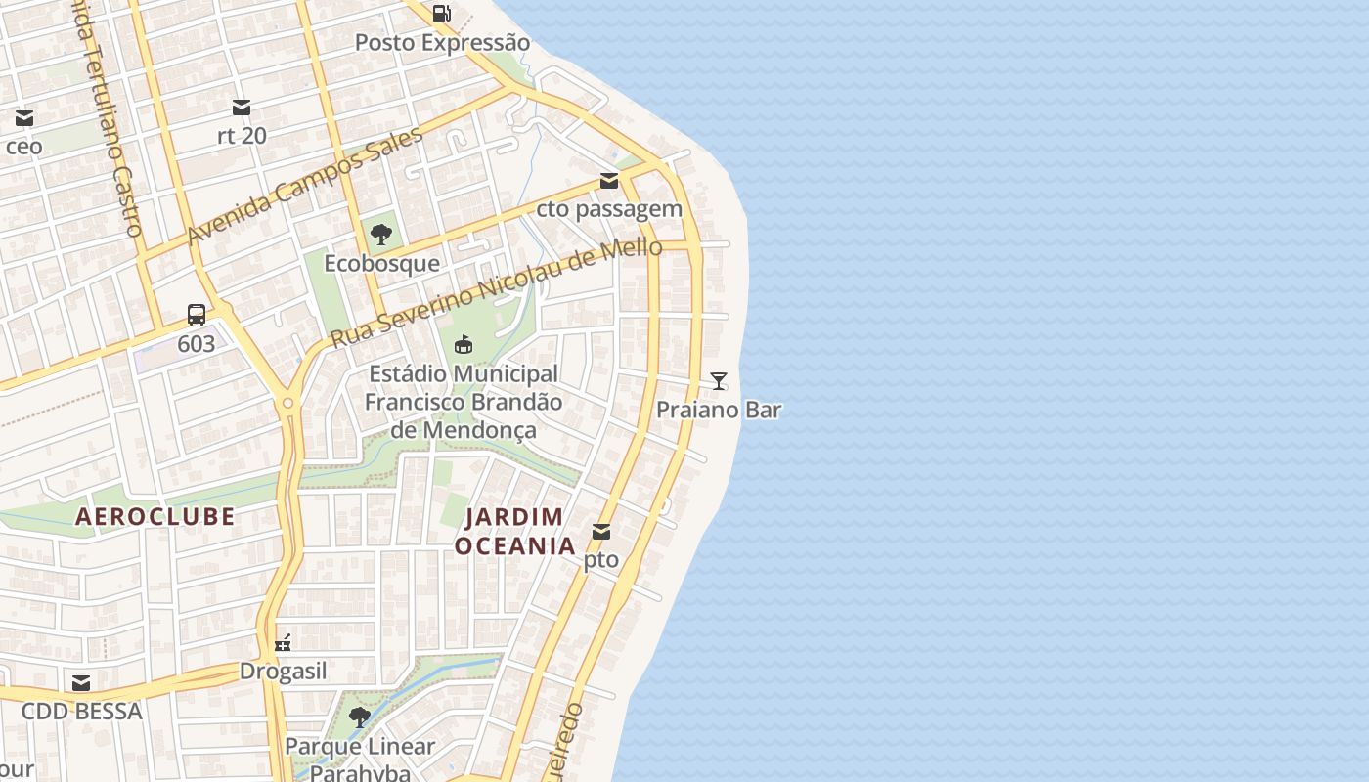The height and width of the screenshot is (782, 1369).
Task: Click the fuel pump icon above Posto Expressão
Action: click(x=442, y=14)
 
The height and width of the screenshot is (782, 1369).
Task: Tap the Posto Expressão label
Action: click(x=442, y=43)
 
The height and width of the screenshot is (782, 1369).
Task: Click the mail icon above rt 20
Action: click(x=242, y=107)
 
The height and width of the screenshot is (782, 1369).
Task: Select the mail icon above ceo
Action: click(x=24, y=118)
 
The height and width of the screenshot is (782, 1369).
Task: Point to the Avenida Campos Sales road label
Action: click(x=304, y=186)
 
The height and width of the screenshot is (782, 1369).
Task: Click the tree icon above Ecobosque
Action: click(x=381, y=235)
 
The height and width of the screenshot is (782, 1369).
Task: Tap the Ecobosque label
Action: click(x=381, y=264)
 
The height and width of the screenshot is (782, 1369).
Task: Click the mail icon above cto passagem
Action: click(x=609, y=180)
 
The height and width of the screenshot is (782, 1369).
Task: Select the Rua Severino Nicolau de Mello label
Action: click(x=497, y=292)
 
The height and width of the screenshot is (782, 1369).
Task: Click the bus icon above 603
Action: click(x=197, y=315)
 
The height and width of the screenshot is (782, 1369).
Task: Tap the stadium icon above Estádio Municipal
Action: click(x=464, y=344)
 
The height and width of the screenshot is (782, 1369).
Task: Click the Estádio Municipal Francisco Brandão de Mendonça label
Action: click(x=464, y=402)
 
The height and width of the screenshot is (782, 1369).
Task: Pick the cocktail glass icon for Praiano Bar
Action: click(x=719, y=381)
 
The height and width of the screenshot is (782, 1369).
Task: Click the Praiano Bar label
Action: click(x=719, y=410)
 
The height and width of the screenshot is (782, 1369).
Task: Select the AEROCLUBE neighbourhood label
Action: click(x=155, y=517)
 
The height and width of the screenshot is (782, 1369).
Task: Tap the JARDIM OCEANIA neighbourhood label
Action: click(x=515, y=532)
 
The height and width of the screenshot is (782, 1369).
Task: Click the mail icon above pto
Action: click(x=601, y=532)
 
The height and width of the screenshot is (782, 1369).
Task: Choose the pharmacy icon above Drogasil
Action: click(x=284, y=643)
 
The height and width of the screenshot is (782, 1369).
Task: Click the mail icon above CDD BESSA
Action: click(x=81, y=682)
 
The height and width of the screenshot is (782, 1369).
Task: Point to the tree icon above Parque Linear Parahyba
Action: click(x=360, y=717)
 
